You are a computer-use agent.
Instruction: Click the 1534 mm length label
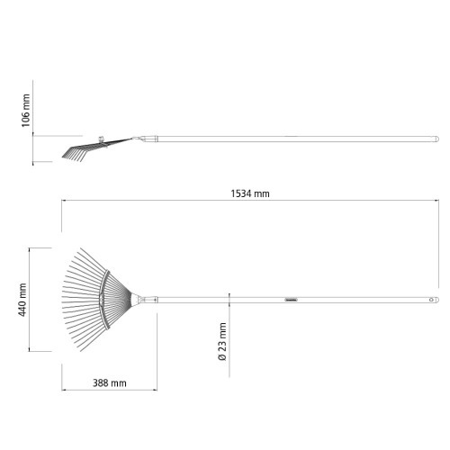click(250, 193)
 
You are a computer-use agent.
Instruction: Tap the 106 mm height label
click(26, 111)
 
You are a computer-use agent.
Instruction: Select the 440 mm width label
click(22, 300)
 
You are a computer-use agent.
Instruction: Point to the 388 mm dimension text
click(110, 383)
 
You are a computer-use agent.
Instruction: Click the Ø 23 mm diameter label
click(222, 341)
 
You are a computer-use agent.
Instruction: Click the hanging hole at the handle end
click(431, 300)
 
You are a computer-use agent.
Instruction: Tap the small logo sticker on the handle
click(291, 300)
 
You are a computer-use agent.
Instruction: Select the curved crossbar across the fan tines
click(103, 300)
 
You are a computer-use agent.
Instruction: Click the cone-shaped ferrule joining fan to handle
click(136, 300)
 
